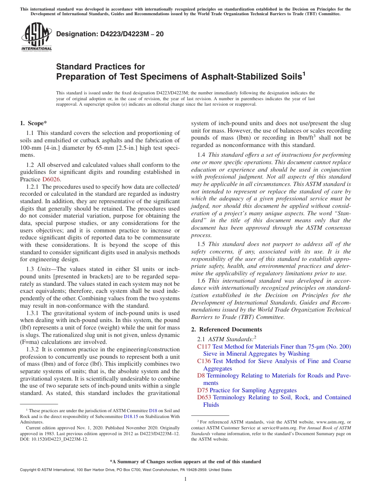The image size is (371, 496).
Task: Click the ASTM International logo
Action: click(x=36, y=37)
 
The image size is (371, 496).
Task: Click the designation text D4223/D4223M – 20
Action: click(x=110, y=34)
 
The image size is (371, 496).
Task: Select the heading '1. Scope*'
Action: click(x=33, y=123)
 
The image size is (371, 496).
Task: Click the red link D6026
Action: click(x=51, y=179)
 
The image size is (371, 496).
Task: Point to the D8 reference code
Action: click(x=201, y=376)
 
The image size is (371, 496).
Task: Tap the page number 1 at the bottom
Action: click(x=185, y=479)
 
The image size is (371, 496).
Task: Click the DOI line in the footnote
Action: click(x=54, y=439)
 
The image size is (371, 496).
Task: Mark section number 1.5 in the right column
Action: click(x=201, y=244)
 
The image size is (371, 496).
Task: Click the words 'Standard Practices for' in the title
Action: click(x=100, y=67)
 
